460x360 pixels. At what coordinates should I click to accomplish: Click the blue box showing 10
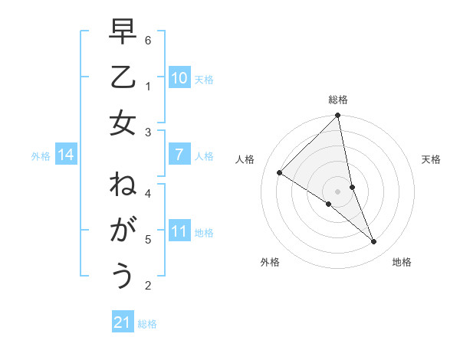click(x=179, y=77)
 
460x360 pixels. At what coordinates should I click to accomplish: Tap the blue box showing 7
click(x=179, y=155)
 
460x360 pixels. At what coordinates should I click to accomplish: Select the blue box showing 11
click(x=179, y=231)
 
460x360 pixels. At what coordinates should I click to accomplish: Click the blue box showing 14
click(x=66, y=155)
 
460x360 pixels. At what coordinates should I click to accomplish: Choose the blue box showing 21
click(x=123, y=322)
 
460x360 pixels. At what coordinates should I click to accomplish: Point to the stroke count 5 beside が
click(x=148, y=240)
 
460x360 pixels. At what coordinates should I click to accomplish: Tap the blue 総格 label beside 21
click(x=147, y=324)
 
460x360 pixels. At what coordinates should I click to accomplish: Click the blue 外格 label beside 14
click(x=41, y=156)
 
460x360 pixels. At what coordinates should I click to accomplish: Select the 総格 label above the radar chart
click(x=338, y=100)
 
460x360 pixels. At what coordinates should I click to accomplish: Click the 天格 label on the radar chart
click(x=432, y=159)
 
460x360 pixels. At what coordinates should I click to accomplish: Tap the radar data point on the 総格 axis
click(x=337, y=116)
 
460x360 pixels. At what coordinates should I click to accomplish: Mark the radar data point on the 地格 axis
click(x=374, y=241)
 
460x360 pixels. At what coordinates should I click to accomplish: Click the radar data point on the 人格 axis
click(x=280, y=172)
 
